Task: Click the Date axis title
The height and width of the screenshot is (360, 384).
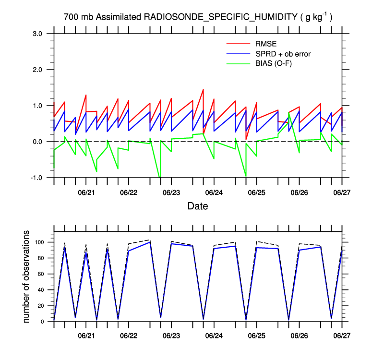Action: point(198,206)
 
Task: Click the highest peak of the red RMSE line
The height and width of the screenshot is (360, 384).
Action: point(203,90)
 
